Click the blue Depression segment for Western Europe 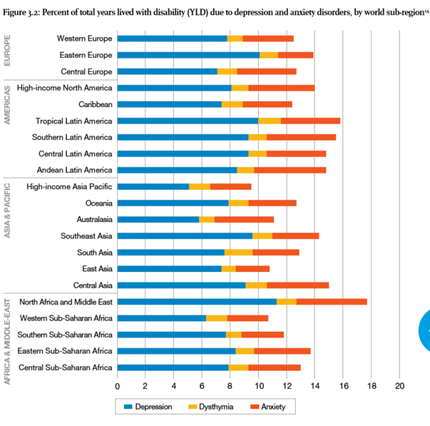point(173,39)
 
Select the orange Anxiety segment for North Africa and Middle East point(332,302)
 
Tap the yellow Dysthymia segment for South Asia point(239,253)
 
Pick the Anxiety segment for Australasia point(244,219)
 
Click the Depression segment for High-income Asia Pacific point(153,187)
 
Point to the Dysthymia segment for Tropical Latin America point(270,121)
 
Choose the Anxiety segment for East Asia point(252,269)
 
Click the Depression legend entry point(148,407)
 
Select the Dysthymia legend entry point(211,407)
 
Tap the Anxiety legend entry point(268,407)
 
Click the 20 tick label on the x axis point(399,386)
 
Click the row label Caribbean point(96,104)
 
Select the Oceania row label point(98,203)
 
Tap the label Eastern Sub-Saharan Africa point(65,351)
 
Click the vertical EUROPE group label point(7,51)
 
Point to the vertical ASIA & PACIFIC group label point(7,211)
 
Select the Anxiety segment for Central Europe point(267,71)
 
